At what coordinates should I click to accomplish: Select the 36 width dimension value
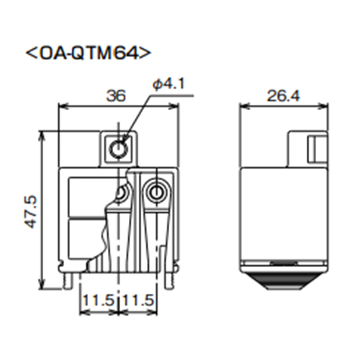115,94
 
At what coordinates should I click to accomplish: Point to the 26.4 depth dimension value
283,94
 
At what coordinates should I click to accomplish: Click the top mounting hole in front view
118,149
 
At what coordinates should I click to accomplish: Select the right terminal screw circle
153,192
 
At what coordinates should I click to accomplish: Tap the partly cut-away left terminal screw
122,194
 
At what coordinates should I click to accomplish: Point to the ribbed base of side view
283,276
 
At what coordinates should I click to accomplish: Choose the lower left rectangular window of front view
84,238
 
